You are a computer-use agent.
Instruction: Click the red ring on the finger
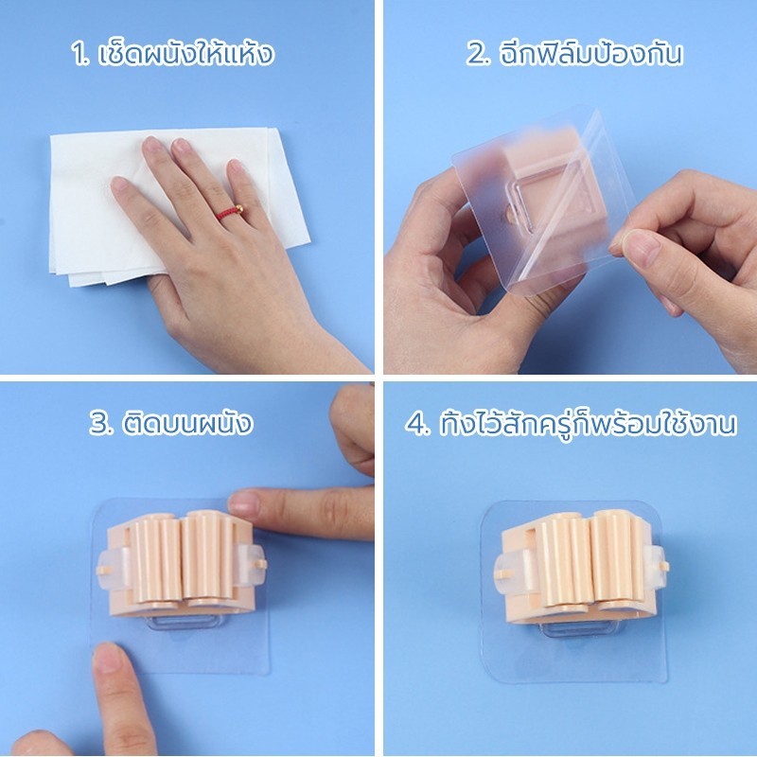click(230, 212)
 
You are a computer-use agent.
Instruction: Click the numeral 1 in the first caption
click(79, 54)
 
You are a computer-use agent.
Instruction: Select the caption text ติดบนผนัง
click(187, 422)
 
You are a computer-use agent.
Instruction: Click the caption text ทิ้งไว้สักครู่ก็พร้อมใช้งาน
click(588, 423)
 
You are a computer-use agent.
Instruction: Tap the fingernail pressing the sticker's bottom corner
click(107, 658)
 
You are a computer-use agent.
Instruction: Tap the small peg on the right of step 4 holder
click(663, 566)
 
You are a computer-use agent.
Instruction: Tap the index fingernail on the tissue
click(152, 144)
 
